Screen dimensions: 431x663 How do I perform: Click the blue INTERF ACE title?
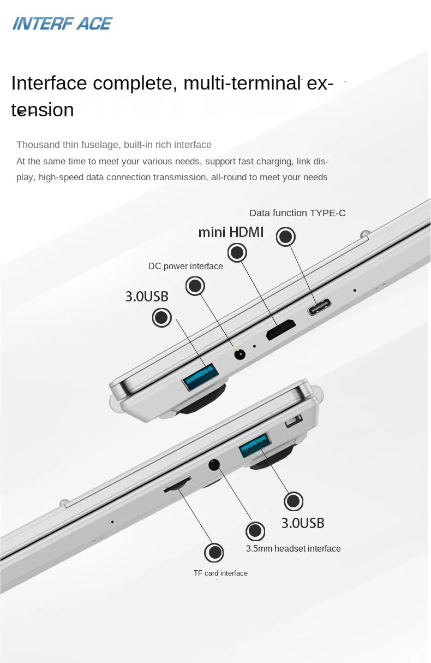pyautogui.click(x=62, y=23)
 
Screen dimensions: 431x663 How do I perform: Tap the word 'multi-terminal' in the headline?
pyautogui.click(x=242, y=83)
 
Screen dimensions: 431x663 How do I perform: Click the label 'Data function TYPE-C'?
pyautogui.click(x=297, y=213)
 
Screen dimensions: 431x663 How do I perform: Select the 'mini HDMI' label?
pyautogui.click(x=231, y=232)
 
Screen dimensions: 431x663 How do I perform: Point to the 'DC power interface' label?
pyautogui.click(x=185, y=267)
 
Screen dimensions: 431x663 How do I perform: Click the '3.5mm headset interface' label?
pyautogui.click(x=294, y=548)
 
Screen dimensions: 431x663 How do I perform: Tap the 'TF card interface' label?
pyautogui.click(x=220, y=573)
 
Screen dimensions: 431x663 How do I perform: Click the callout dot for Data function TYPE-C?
pyautogui.click(x=285, y=236)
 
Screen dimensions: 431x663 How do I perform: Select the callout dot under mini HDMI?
pyautogui.click(x=237, y=252)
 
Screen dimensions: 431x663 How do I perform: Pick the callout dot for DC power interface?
pyautogui.click(x=195, y=286)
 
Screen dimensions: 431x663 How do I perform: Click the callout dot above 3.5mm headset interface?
pyautogui.click(x=255, y=531)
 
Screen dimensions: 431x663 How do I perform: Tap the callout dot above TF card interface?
pyautogui.click(x=214, y=552)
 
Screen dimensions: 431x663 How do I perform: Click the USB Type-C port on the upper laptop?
pyautogui.click(x=319, y=307)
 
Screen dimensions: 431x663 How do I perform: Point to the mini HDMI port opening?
pyautogui.click(x=281, y=329)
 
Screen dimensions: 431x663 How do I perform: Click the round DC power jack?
pyautogui.click(x=240, y=354)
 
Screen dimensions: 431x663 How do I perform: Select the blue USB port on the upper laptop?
pyautogui.click(x=201, y=376)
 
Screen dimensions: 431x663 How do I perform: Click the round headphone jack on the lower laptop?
pyautogui.click(x=214, y=465)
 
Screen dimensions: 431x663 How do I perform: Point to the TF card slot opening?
pyautogui.click(x=177, y=484)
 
